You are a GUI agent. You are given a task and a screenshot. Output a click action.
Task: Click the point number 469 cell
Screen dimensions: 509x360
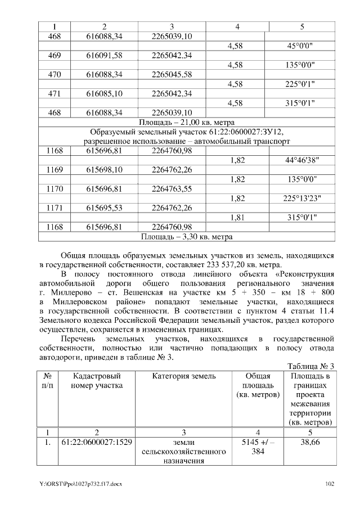tap(55, 56)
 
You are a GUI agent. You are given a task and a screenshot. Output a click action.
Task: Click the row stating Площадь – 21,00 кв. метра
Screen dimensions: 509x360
tap(186, 122)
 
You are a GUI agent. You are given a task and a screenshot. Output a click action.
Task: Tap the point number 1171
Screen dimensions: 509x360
tap(55, 208)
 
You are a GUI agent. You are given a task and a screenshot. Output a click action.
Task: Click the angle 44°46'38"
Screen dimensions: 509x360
tap(303, 160)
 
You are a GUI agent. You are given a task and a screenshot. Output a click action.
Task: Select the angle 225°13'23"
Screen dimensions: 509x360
tap(303, 198)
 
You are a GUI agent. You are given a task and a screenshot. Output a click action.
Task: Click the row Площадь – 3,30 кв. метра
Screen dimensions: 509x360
tap(186, 236)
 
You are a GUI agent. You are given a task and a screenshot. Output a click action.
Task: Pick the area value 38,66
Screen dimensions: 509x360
tap(310, 442)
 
